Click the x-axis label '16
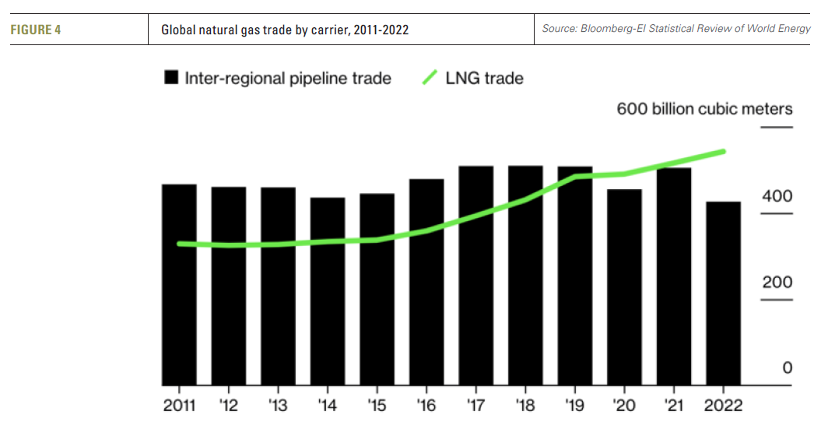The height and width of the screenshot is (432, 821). point(426,406)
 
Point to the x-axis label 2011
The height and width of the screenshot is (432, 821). point(180,406)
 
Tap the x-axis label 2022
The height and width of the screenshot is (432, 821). point(722,406)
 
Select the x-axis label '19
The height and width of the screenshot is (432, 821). point(574,406)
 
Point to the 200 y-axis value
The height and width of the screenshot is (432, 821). point(777,283)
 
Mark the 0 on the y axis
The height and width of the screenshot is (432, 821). point(787,368)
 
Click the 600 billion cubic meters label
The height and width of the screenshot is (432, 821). point(704,109)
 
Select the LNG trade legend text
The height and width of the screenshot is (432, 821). point(484,78)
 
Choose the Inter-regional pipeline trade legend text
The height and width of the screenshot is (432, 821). point(287,78)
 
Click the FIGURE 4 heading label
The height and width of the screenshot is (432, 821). point(36,30)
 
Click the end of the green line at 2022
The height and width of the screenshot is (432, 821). point(724,152)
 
